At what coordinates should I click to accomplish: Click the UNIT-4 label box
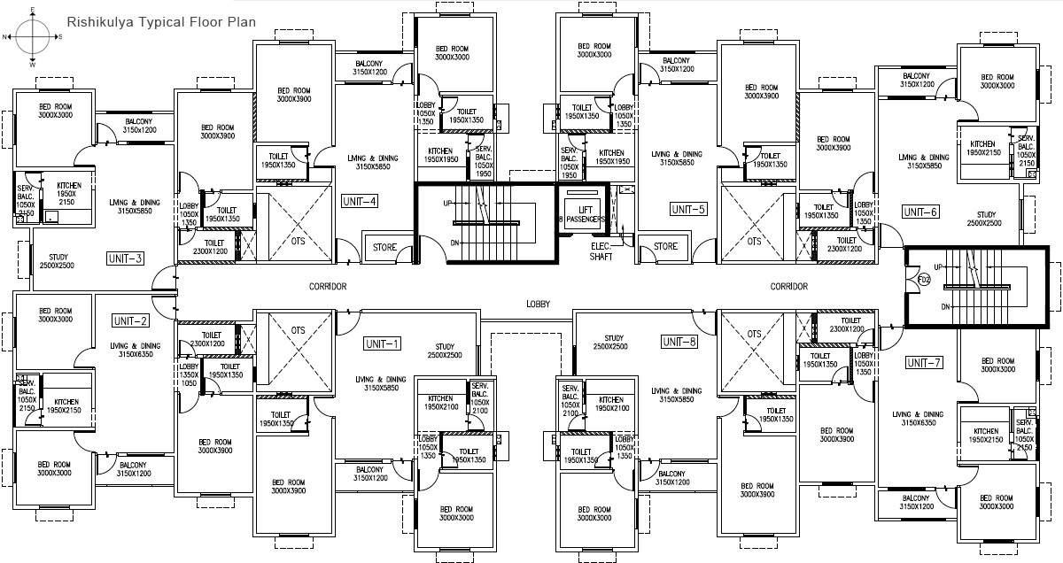pyautogui.click(x=360, y=201)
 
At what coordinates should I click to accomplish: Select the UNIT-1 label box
pyautogui.click(x=383, y=343)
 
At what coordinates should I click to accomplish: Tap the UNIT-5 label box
pyautogui.click(x=688, y=210)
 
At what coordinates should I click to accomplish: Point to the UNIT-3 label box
pyautogui.click(x=126, y=258)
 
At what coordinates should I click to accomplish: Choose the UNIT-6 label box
pyautogui.click(x=920, y=212)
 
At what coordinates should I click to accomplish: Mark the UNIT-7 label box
pyautogui.click(x=925, y=363)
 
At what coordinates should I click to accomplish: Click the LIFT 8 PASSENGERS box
pyautogui.click(x=580, y=212)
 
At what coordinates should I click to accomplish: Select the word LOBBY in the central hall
pyautogui.click(x=538, y=303)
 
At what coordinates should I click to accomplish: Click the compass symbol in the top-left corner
pyautogui.click(x=32, y=37)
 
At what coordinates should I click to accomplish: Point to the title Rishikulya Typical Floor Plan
pyautogui.click(x=161, y=19)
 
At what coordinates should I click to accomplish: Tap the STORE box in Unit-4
pyautogui.click(x=384, y=247)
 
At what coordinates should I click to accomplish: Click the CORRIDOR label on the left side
pyautogui.click(x=328, y=286)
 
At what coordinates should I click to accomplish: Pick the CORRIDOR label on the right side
pyautogui.click(x=788, y=286)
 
